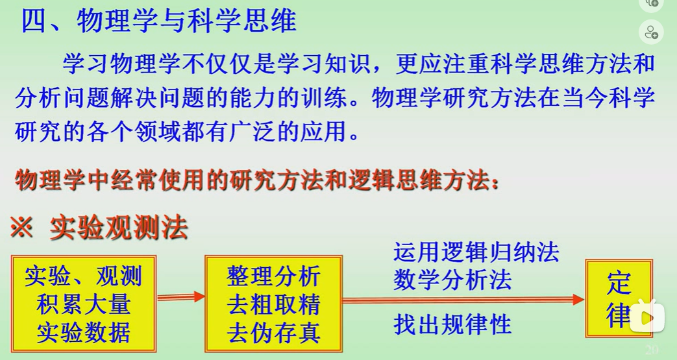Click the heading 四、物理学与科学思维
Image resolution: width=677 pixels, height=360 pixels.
(158, 21)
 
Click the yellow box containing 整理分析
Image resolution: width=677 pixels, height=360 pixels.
(274, 304)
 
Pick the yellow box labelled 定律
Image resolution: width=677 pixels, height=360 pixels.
(619, 298)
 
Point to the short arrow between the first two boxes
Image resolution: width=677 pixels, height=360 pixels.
(181, 297)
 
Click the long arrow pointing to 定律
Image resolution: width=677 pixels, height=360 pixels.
(463, 300)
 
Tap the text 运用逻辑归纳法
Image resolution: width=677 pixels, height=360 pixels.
(476, 252)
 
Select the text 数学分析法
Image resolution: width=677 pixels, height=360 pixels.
(452, 280)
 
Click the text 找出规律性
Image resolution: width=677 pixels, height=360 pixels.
(452, 324)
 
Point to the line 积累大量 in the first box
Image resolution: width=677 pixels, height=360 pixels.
(83, 304)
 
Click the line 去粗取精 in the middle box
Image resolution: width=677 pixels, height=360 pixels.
(274, 304)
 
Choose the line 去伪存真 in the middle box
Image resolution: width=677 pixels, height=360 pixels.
(274, 333)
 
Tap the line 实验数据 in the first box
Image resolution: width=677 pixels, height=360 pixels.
(83, 333)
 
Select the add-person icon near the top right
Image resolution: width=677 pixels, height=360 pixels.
(651, 32)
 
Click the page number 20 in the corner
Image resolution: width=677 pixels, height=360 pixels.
(652, 350)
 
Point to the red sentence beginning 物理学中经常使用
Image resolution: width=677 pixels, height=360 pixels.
(257, 180)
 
